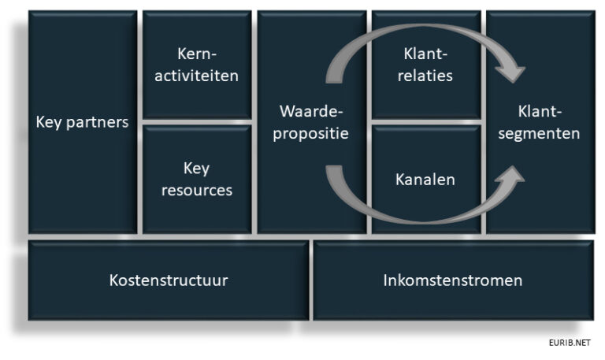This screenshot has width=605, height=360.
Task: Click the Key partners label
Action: point(82,122)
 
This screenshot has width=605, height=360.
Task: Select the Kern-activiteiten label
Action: point(197,65)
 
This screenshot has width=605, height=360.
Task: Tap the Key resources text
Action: point(197,179)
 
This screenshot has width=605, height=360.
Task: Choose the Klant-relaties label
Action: point(425,65)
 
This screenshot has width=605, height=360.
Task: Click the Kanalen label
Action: point(425,180)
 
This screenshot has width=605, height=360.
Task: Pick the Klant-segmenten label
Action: point(540,122)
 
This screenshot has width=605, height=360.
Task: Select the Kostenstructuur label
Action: point(169,280)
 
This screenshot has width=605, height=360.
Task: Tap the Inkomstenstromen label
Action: point(453,280)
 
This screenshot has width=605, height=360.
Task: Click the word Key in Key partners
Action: point(49,122)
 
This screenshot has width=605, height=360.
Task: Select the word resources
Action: point(197,190)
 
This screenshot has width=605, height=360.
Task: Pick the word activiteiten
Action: point(197,76)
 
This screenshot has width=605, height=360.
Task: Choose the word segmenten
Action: point(540,133)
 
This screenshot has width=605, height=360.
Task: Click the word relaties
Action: point(425,76)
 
